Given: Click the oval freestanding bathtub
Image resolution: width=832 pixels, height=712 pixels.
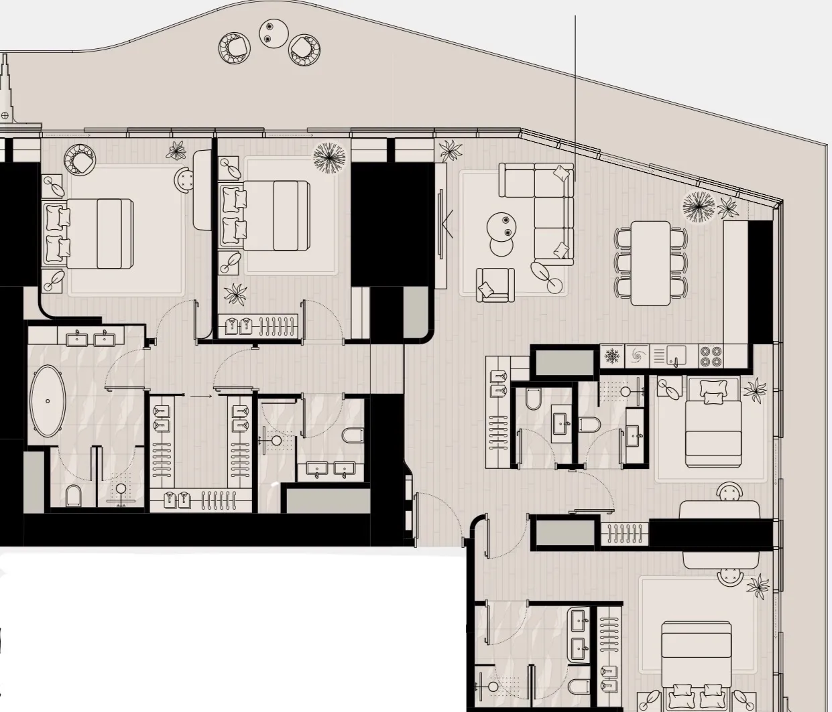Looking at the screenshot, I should (48, 401).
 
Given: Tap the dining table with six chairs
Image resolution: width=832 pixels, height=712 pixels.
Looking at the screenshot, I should (650, 263).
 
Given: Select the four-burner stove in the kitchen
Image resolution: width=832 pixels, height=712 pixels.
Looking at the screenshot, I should (711, 355).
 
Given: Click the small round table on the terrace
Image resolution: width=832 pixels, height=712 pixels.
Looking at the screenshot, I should (273, 32).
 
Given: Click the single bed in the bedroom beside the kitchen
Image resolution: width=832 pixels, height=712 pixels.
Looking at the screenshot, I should (713, 423).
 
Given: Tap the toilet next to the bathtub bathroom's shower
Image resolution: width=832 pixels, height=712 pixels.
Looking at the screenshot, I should (74, 496).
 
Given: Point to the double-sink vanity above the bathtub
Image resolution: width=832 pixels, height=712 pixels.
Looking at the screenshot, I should (91, 338).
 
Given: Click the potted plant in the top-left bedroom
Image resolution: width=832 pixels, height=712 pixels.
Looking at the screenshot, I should (176, 151).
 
